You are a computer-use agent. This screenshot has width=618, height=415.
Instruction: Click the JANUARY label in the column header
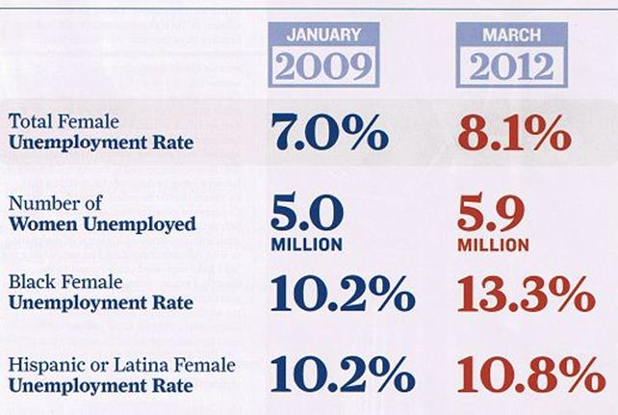click(x=324, y=35)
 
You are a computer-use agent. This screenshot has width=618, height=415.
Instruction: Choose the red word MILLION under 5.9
click(x=491, y=245)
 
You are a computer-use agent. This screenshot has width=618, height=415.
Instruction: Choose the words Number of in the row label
click(x=44, y=204)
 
